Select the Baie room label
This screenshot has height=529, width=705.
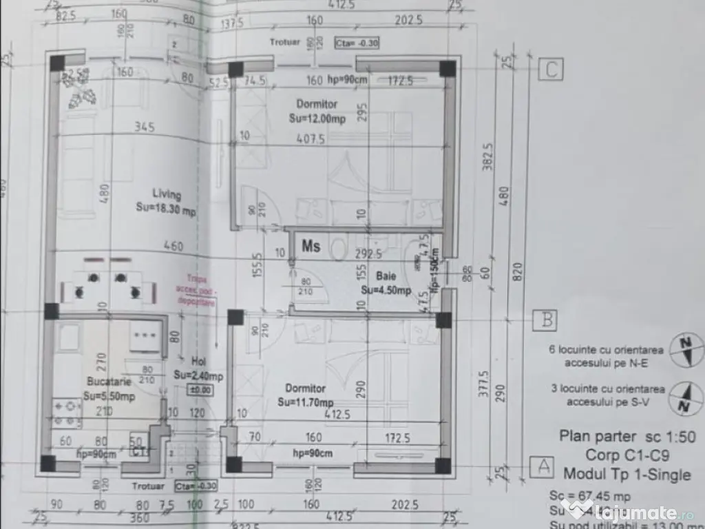[377, 276]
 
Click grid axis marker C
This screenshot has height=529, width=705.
[551, 69]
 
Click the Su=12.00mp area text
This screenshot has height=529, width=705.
[317, 118]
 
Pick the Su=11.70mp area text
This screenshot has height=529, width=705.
[306, 402]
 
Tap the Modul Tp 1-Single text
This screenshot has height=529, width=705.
[627, 474]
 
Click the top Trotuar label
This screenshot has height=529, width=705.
[285, 42]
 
